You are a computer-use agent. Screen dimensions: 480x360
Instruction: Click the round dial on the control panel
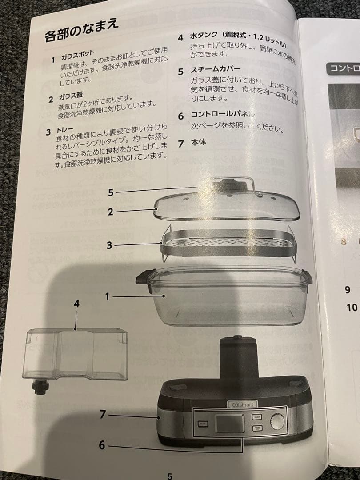coord(277,421)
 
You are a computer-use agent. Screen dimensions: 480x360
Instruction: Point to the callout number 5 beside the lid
coord(111,192)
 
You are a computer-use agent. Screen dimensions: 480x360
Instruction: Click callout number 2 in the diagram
coord(110,212)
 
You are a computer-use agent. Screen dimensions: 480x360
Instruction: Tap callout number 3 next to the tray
coord(109,245)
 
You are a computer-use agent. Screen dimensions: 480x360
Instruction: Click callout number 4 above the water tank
coord(76,304)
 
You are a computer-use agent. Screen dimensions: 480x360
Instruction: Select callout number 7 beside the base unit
coord(103,415)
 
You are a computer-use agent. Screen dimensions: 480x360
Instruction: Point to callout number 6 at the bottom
coord(102,445)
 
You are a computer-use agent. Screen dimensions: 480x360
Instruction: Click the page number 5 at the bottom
coord(169,476)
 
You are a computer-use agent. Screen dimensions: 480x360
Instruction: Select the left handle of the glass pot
coord(144,279)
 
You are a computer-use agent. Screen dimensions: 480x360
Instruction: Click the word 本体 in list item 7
coord(200,143)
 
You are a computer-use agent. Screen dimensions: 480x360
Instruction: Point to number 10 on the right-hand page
coord(352,307)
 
